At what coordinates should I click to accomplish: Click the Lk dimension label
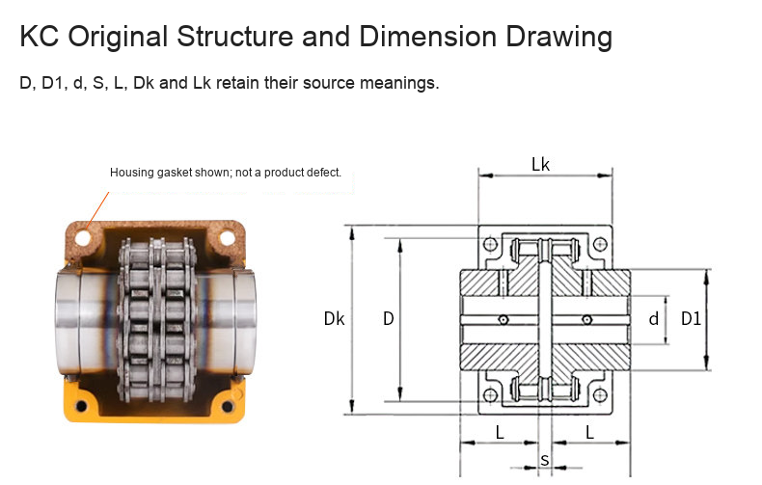(x=540, y=164)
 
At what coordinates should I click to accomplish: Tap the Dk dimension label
(x=334, y=319)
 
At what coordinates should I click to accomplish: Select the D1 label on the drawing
(x=691, y=319)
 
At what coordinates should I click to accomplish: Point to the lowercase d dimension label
(x=654, y=319)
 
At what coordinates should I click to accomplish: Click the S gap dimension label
(x=545, y=460)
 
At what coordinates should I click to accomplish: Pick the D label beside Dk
(x=389, y=319)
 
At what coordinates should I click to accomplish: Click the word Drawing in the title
(x=558, y=37)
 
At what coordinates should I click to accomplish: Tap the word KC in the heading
(x=40, y=37)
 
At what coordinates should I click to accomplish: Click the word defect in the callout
(x=327, y=173)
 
